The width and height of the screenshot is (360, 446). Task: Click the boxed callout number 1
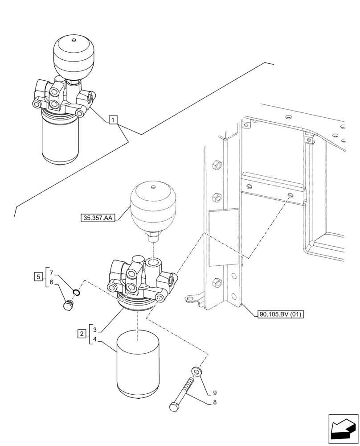[x=114, y=120]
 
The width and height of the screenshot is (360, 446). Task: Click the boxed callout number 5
[x=38, y=277]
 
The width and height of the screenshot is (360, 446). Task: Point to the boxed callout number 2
[x=82, y=334]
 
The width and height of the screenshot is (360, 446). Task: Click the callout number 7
[x=52, y=273]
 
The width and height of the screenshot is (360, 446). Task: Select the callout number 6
[x=52, y=282]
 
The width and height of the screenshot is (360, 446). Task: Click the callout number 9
[x=214, y=393]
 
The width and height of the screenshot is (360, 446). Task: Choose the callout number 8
[x=214, y=402]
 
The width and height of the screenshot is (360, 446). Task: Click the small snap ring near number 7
[x=76, y=293]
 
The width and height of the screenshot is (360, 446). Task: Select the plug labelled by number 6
[x=68, y=306]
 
